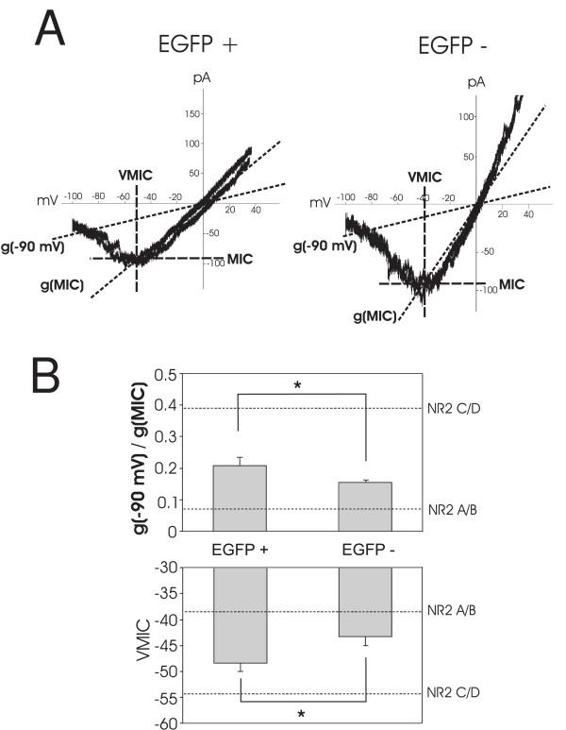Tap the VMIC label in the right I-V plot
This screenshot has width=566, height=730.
tap(424, 177)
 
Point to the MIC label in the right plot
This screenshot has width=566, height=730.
tap(511, 282)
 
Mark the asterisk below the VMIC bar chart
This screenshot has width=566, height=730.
tap(301, 714)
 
